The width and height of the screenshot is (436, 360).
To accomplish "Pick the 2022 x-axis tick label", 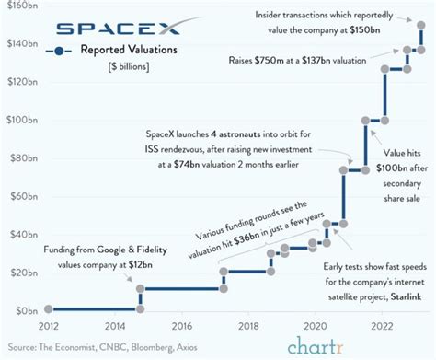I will [383, 325].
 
